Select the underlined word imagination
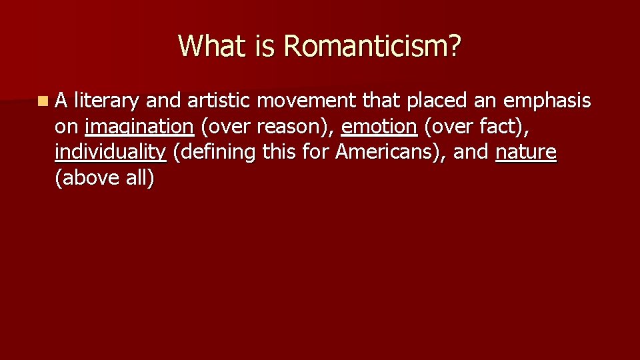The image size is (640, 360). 139,127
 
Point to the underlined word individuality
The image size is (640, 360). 110,152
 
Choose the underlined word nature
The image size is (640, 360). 526,152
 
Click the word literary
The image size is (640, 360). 107,101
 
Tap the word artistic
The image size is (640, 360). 219,101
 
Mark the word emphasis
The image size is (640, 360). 547,101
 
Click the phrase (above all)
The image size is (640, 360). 105,178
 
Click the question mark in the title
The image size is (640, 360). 454,46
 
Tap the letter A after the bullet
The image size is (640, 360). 61,101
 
